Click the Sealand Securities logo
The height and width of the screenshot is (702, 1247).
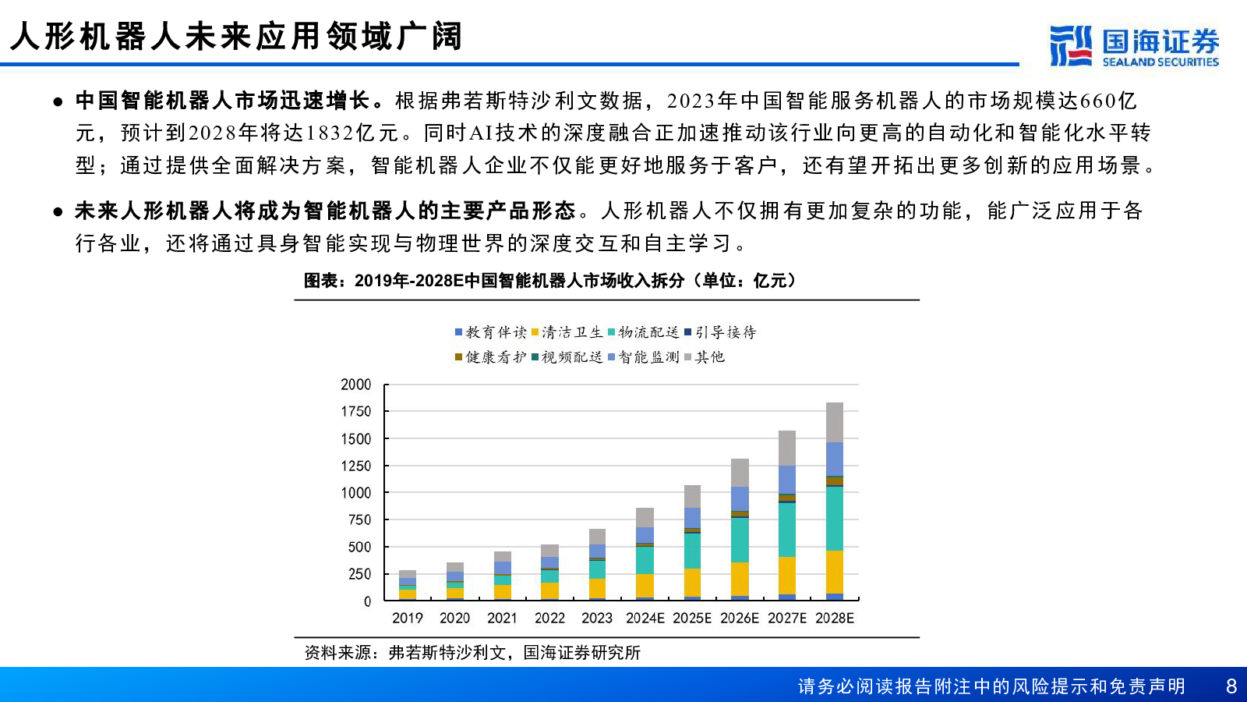(1134, 46)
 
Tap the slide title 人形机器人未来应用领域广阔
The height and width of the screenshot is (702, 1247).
(237, 37)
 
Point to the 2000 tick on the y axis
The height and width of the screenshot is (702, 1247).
(356, 385)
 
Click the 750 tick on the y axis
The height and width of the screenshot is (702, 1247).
(359, 520)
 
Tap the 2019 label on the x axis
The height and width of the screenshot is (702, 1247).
(407, 619)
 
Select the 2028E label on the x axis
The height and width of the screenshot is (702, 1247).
(835, 619)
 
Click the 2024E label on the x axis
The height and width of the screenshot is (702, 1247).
(645, 619)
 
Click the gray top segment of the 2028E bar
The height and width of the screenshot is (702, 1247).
(835, 422)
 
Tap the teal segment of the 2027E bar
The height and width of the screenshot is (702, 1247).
(787, 530)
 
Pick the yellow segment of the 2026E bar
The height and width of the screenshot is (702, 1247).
(740, 579)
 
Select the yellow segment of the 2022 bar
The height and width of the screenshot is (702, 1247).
(549, 590)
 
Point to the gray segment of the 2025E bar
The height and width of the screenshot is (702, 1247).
(692, 496)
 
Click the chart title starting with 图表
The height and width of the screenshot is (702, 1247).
(549, 281)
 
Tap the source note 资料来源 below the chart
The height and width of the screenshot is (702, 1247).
(472, 653)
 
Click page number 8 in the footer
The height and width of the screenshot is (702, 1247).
(1231, 686)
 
